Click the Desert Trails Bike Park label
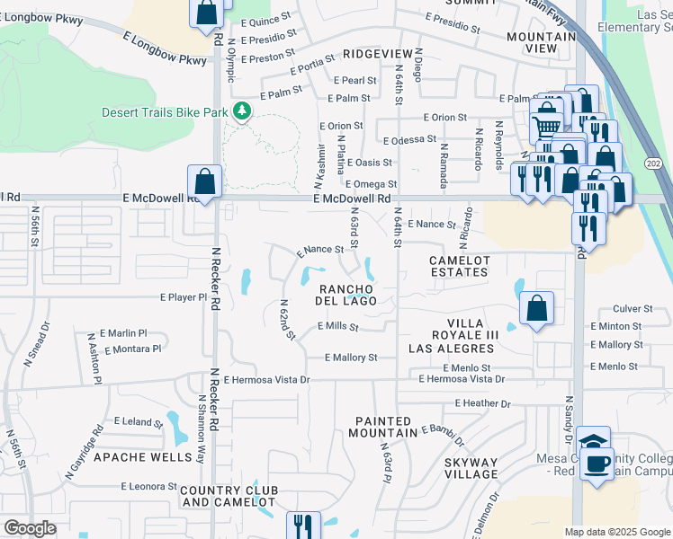click(165, 112)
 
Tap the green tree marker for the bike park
click(241, 111)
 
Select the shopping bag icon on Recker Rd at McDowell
click(205, 182)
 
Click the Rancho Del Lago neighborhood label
click(345, 295)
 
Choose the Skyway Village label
click(471, 468)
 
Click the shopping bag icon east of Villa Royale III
click(536, 310)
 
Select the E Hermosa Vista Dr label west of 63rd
click(266, 380)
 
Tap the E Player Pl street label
click(184, 296)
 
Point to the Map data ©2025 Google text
click(616, 532)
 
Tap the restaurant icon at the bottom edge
click(303, 526)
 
